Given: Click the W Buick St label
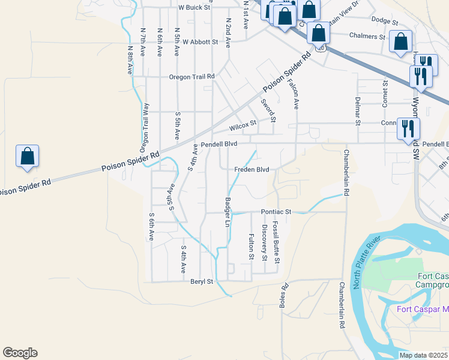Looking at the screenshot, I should point(195,8).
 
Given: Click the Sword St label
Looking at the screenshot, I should point(268,109).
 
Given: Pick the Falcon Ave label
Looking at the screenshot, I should point(293,94).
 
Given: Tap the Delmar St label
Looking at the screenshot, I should point(357,110).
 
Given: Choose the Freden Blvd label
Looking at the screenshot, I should point(252,169).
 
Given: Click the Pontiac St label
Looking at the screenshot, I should point(276,212).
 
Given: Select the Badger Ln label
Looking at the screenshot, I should point(228,212).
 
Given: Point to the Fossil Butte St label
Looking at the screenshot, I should point(276,242).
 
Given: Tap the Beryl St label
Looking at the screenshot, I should point(202,281).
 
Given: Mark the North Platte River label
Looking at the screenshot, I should point(367,262).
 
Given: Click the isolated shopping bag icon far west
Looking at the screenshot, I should point(28,156).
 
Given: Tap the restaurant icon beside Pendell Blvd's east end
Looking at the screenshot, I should point(408,127).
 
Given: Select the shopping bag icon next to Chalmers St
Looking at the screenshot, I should point(400,42).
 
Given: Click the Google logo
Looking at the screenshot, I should point(20,353).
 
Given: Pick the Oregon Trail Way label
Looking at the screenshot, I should point(145,128).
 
